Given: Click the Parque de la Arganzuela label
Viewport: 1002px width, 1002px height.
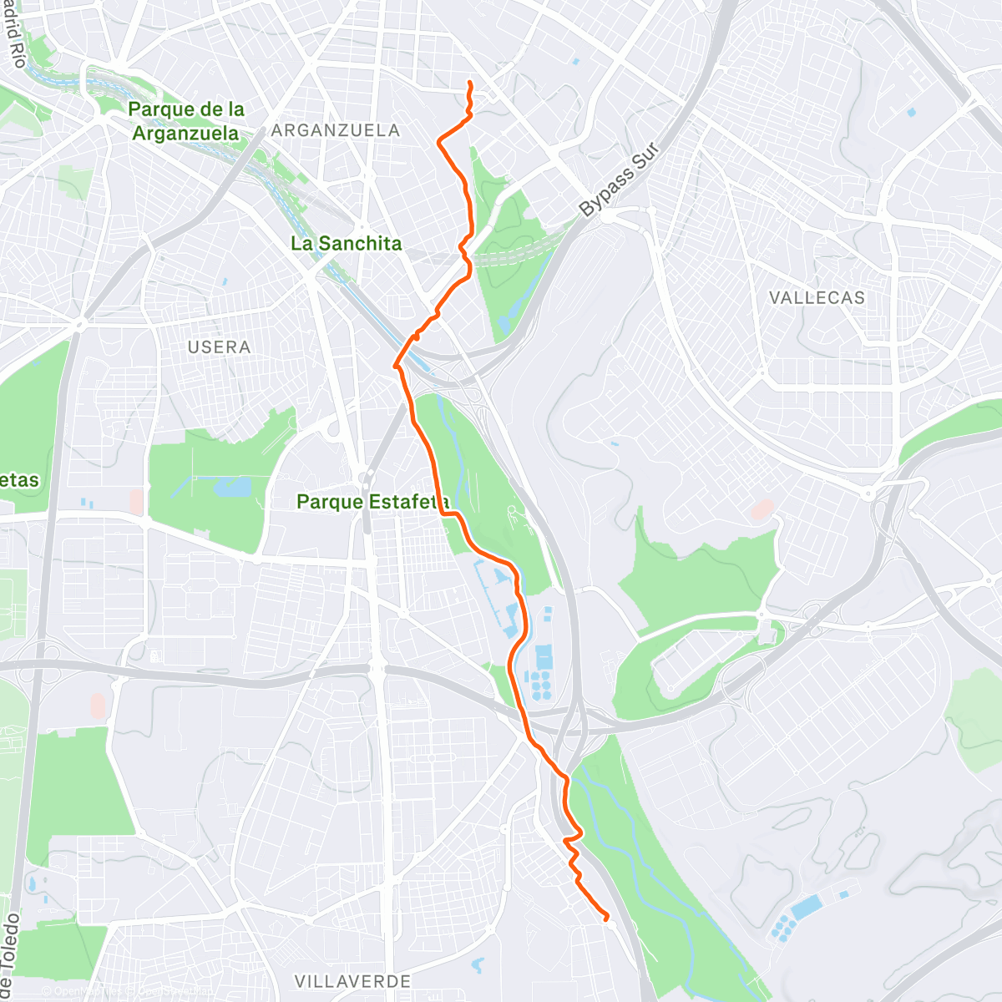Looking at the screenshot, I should pyautogui.click(x=187, y=121).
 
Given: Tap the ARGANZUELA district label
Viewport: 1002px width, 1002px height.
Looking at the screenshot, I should pyautogui.click(x=336, y=130).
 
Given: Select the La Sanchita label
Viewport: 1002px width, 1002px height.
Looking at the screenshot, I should pyautogui.click(x=346, y=244).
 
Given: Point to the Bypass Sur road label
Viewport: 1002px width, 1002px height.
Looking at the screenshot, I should pyautogui.click(x=619, y=181).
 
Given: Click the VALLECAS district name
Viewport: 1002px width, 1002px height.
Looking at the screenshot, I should pyautogui.click(x=817, y=298).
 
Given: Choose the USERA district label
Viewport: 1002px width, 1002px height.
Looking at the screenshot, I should pyautogui.click(x=219, y=347).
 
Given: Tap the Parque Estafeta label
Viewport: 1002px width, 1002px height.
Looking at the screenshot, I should pyautogui.click(x=373, y=502).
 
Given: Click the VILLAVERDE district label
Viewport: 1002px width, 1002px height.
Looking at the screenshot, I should pyautogui.click(x=352, y=981).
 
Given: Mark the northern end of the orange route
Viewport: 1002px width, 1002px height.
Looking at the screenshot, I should pyautogui.click(x=470, y=83).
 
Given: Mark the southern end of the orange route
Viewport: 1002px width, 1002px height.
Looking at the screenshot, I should pyautogui.click(x=607, y=918).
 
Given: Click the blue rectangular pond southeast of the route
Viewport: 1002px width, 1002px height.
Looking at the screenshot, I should pyautogui.click(x=806, y=908).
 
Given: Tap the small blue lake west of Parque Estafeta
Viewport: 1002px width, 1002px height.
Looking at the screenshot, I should pyautogui.click(x=234, y=487).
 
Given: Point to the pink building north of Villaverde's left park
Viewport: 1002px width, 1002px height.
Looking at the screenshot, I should pyautogui.click(x=98, y=705).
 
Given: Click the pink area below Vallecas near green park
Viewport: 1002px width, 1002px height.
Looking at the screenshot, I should pyautogui.click(x=762, y=508).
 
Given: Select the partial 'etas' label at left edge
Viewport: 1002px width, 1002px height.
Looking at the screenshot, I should pyautogui.click(x=18, y=480).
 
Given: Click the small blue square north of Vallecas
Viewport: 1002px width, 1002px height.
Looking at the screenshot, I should pyautogui.click(x=911, y=111).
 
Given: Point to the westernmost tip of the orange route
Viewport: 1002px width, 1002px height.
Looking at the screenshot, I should pyautogui.click(x=395, y=365).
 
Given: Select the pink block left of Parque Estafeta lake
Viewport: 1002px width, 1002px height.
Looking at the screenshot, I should pyautogui.click(x=137, y=502).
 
